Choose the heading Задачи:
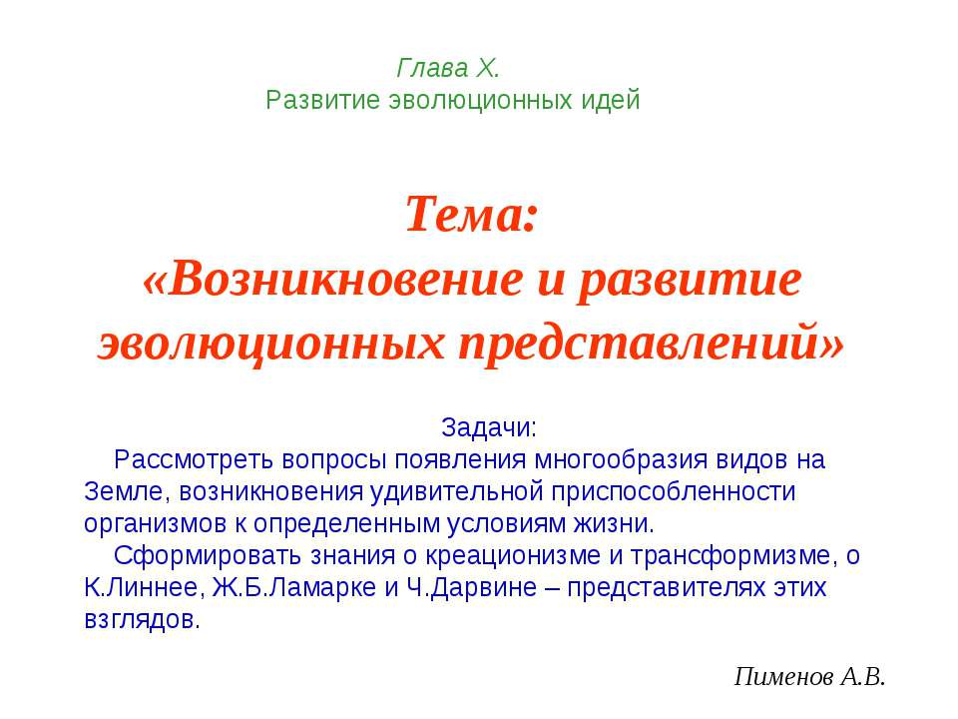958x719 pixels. (489, 428)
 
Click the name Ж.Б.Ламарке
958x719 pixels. (292, 588)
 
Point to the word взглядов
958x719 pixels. (140, 620)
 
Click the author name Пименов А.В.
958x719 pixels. (809, 678)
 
